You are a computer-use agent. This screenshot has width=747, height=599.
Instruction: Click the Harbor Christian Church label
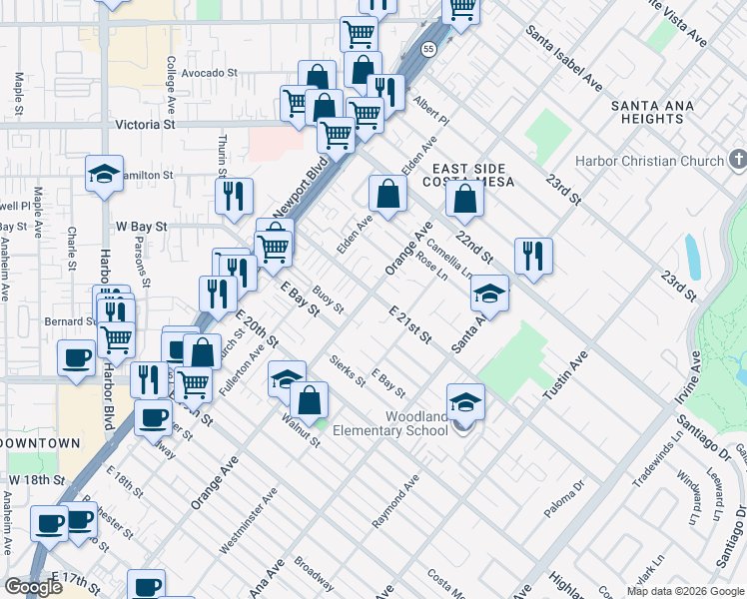point(648,162)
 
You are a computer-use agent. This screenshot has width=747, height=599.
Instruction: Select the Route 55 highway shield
point(428,49)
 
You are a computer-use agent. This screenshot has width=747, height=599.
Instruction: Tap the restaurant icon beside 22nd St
point(534,255)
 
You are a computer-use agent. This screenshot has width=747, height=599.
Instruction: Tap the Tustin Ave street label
point(565,376)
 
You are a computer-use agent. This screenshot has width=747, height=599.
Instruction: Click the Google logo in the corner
point(33,587)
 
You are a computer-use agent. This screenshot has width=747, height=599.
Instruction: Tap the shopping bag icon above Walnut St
point(310,399)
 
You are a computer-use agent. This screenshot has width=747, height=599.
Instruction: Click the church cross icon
point(738,160)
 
